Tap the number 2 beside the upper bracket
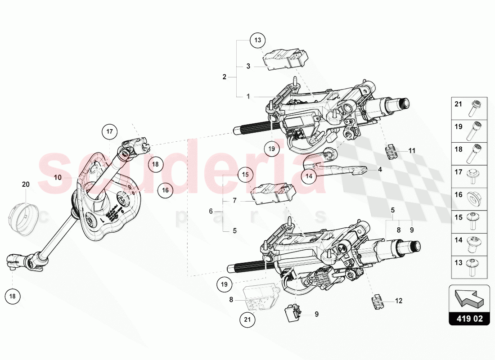pyautogui.click(x=225, y=77)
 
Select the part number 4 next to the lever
pyautogui.click(x=380, y=170)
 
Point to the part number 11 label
pyautogui.click(x=412, y=151)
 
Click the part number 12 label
pyautogui.click(x=398, y=301)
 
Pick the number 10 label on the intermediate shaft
pyautogui.click(x=58, y=178)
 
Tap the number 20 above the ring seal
pyautogui.click(x=26, y=184)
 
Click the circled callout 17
pyautogui.click(x=109, y=132)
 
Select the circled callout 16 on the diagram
pyautogui.click(x=165, y=190)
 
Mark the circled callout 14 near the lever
pyautogui.click(x=309, y=176)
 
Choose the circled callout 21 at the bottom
pyautogui.click(x=246, y=320)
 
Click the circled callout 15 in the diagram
pyautogui.click(x=245, y=174)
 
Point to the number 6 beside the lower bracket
pyautogui.click(x=211, y=211)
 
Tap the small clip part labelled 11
pyautogui.click(x=392, y=152)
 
